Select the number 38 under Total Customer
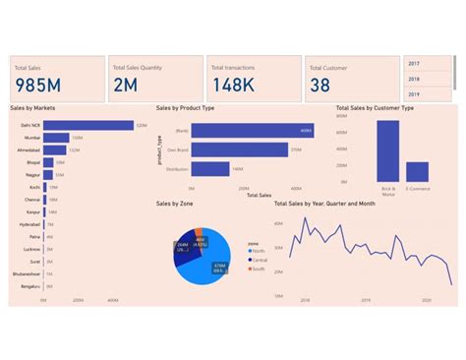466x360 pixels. point(320,87)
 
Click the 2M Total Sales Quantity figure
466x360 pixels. point(126,87)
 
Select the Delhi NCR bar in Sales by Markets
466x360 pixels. point(88,125)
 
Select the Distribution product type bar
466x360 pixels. point(210,169)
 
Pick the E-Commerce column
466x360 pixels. point(418,171)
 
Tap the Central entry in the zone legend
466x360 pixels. point(259,259)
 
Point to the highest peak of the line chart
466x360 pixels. point(307,218)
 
